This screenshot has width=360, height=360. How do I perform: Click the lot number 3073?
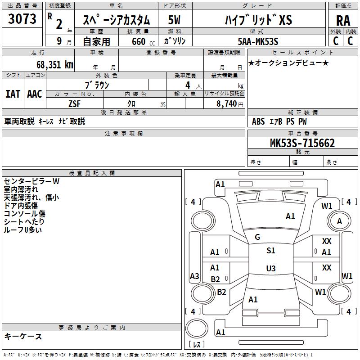coord(22,20)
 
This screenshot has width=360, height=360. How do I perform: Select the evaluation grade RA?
coord(343,21)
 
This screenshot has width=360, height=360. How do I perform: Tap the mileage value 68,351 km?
coord(52,64)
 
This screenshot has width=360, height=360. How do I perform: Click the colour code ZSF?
coord(74,103)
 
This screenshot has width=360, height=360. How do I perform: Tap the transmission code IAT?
coord(13,94)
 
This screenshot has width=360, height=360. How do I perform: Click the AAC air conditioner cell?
coord(35,94)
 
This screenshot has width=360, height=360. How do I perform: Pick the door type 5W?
coord(174,20)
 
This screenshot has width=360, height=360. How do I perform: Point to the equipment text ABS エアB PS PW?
coord(279,121)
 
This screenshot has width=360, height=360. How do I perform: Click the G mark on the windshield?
coord(257,237)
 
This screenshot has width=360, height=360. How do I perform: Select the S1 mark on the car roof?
coord(270,251)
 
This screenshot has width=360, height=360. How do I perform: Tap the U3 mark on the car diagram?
coord(270,269)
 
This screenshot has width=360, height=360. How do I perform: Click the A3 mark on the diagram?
coord(194,276)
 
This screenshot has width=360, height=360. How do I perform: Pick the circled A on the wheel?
coord(339,221)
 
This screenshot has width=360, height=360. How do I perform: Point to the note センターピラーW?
coord(31,181)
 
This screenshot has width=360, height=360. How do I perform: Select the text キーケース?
coord(23,337)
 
